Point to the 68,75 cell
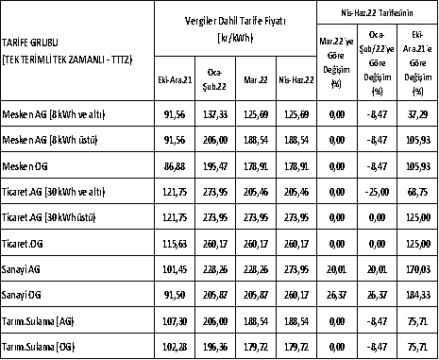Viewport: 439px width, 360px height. pyautogui.click(x=419, y=191)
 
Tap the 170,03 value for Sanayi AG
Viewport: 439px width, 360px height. pyautogui.click(x=419, y=268)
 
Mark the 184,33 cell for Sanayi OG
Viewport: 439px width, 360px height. pyautogui.click(x=419, y=294)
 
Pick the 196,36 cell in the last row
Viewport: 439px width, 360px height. pyautogui.click(x=220, y=346)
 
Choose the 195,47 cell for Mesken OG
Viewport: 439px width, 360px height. pyautogui.click(x=220, y=164)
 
